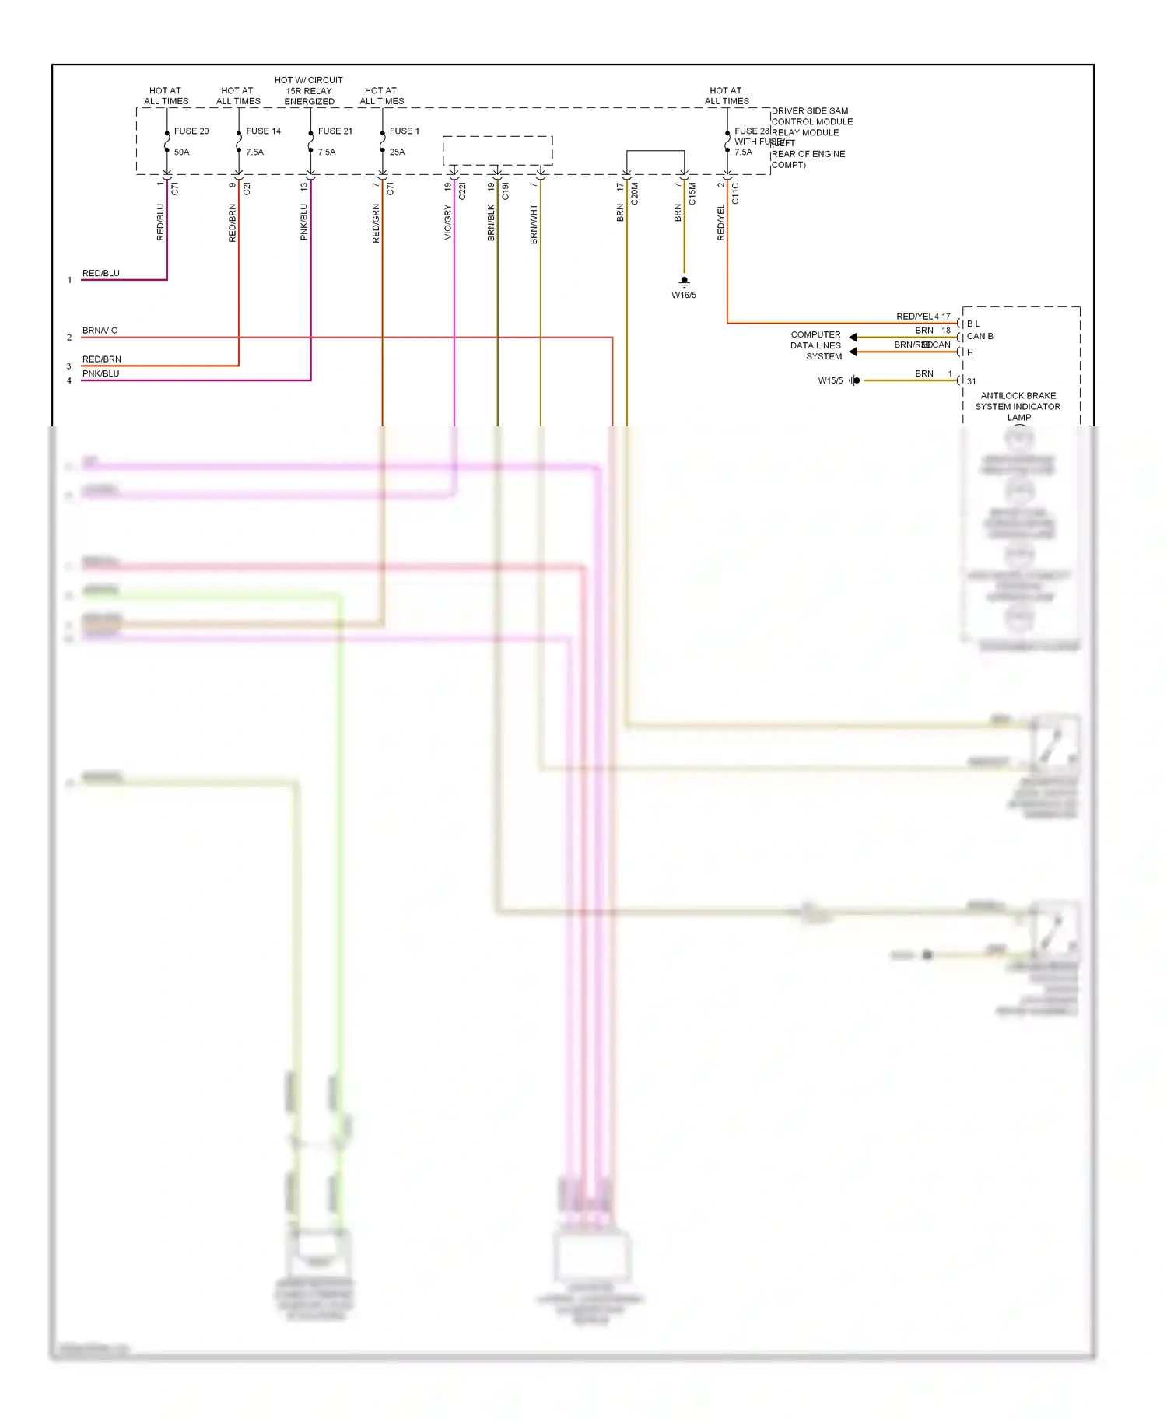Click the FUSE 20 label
[x=191, y=131]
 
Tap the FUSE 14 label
[x=263, y=131]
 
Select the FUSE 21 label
[x=335, y=131]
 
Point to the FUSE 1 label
[x=404, y=131]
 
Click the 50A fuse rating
[x=181, y=152]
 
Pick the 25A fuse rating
[x=397, y=152]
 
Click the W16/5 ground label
[x=684, y=295]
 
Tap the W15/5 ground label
[x=830, y=380]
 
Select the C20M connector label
[x=635, y=194]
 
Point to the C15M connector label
[x=692, y=194]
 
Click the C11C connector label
[x=736, y=194]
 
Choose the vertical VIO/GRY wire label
[x=448, y=222]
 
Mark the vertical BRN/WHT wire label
[x=534, y=224]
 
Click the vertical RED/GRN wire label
[x=377, y=224]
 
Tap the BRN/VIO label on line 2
[x=100, y=331]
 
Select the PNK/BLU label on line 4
[x=101, y=373]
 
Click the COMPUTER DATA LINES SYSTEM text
[x=816, y=345]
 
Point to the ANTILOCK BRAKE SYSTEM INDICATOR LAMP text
[x=1018, y=406]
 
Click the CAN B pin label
[x=980, y=336]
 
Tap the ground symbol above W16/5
[x=684, y=282]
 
